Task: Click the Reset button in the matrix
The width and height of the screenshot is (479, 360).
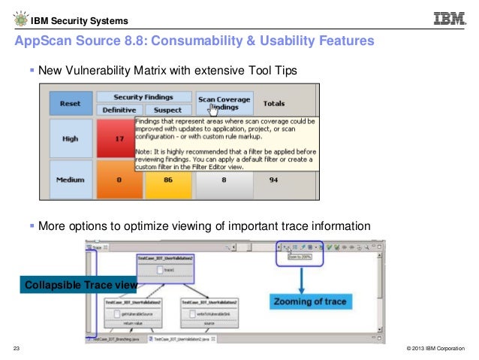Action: [x=71, y=102]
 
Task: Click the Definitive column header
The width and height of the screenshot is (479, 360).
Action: [x=119, y=110]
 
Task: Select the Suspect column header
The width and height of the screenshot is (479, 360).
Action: [x=167, y=110]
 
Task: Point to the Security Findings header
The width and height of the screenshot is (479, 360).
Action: [x=143, y=97]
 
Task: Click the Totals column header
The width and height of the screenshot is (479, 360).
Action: [x=275, y=102]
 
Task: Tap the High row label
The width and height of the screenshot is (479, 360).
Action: [x=71, y=138]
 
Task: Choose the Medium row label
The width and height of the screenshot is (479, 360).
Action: [x=71, y=181]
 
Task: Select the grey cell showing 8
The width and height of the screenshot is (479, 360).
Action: [x=224, y=181]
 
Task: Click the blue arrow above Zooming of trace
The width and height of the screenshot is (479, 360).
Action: [x=302, y=276]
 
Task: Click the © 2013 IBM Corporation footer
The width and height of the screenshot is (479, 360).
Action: [x=434, y=349]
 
